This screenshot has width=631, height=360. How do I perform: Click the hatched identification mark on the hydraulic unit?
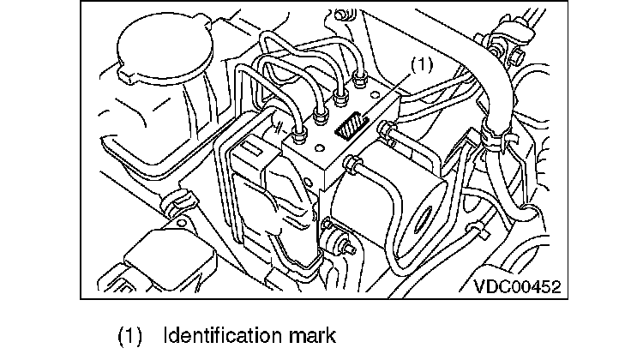[x=350, y=128]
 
